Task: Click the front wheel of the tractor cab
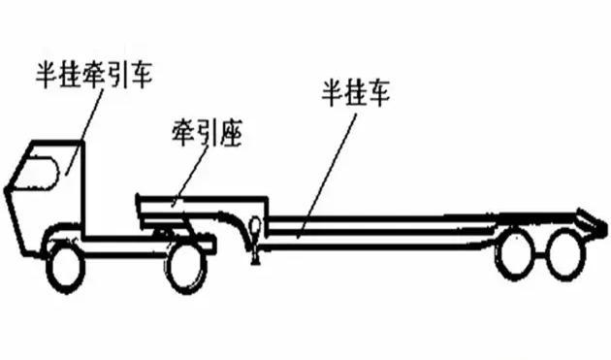(x=66, y=266)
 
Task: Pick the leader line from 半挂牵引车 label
(x=83, y=126)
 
